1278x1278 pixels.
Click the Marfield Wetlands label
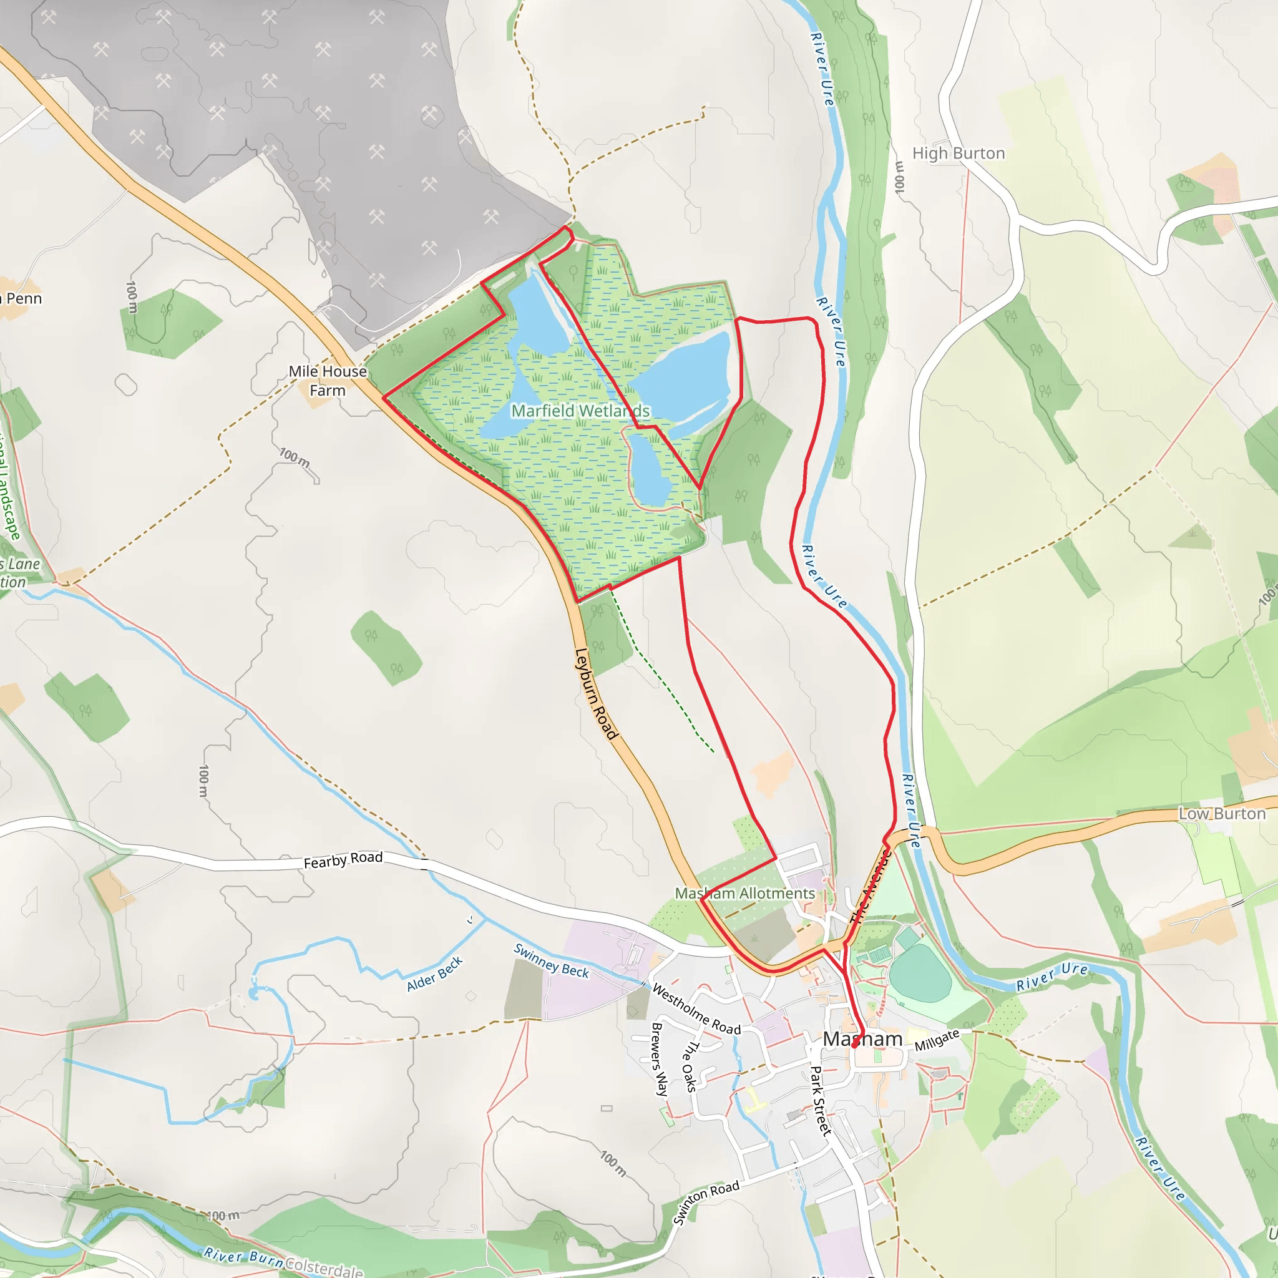point(580,411)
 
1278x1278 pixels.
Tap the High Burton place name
point(958,154)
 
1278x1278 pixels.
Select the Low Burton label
point(1222,814)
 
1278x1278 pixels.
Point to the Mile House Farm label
point(328,381)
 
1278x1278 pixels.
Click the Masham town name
point(862,1039)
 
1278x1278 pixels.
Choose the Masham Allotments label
point(745,893)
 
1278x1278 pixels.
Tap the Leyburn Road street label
point(596,693)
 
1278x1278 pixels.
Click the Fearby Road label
point(343,860)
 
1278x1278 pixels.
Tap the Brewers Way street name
point(659,1059)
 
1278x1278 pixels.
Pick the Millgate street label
point(937,1040)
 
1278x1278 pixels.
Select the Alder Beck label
point(434,974)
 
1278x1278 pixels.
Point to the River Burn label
point(243,1257)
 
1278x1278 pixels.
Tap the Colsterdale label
point(324,1266)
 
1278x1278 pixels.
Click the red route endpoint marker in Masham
point(856,1045)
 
